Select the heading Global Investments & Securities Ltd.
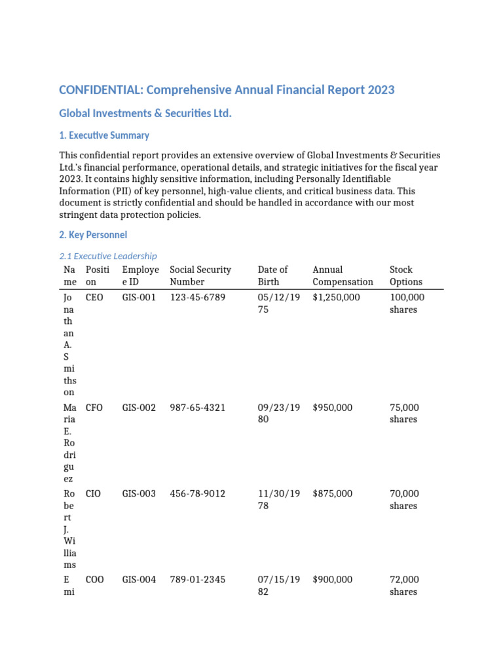tap(145, 114)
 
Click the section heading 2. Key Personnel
tap(93, 234)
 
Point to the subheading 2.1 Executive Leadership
tap(108, 256)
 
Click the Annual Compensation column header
tap(343, 275)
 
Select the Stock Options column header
tap(405, 275)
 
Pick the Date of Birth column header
tap(272, 275)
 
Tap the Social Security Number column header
tap(200, 275)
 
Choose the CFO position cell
tap(94, 408)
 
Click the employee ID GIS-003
tap(139, 494)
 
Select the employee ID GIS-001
tap(139, 297)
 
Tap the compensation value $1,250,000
tap(337, 297)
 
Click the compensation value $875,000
tap(333, 494)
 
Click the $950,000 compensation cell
tap(333, 408)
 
